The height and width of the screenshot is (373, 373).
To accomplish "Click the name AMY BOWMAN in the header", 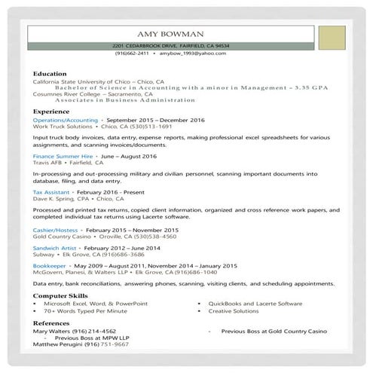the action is pyautogui.click(x=170, y=35).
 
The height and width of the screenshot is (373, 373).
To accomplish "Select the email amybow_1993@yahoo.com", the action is pyautogui.click(x=194, y=54).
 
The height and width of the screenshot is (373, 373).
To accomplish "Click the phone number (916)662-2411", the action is pyautogui.click(x=132, y=54).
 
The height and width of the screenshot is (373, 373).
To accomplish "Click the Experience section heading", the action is pyautogui.click(x=51, y=111).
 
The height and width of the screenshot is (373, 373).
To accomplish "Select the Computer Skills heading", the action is pyautogui.click(x=60, y=296).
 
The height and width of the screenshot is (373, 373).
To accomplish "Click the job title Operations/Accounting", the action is pyautogui.click(x=66, y=120).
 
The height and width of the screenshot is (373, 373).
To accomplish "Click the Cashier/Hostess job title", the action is pyautogui.click(x=56, y=229).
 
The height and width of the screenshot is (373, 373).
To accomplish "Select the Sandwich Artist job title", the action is pyautogui.click(x=55, y=247).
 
